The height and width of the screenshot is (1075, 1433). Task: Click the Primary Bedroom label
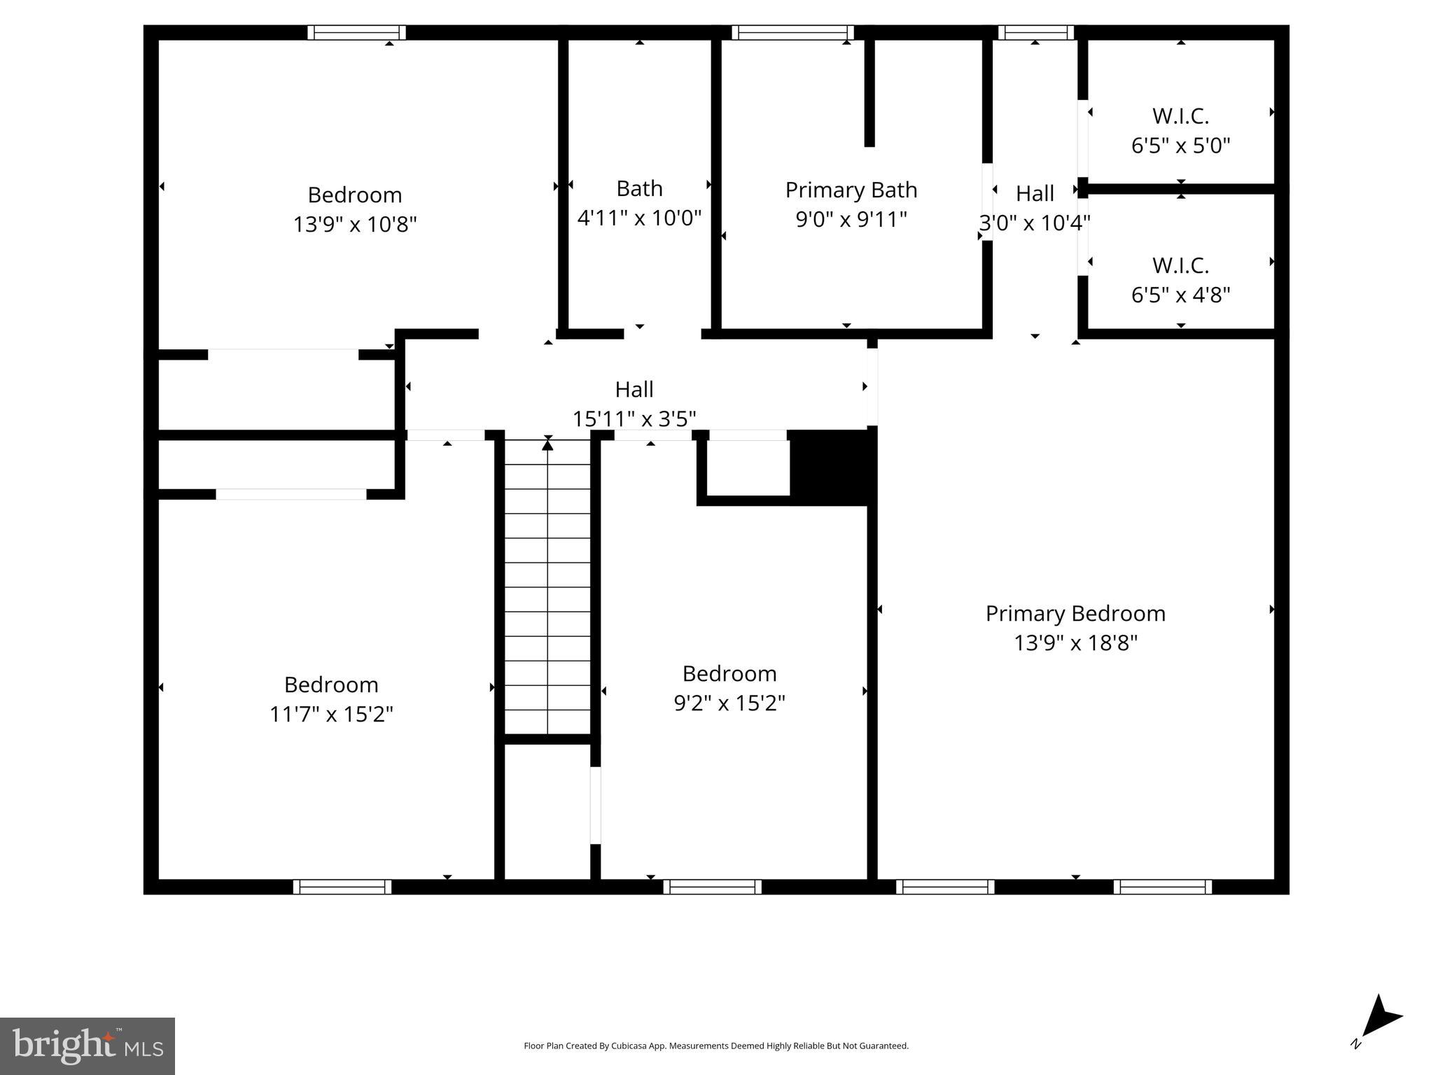point(1075,613)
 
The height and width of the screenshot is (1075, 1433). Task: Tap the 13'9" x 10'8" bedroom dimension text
point(355,225)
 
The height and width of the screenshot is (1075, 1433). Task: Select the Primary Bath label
point(851,190)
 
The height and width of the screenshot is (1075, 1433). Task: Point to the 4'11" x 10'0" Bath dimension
point(639,218)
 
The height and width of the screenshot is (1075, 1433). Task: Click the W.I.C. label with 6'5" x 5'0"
point(1180,115)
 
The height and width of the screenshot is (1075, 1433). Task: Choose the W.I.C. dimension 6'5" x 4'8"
point(1180,295)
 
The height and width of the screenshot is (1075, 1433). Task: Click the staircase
point(547,586)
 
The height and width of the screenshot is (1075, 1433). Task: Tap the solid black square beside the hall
point(831,466)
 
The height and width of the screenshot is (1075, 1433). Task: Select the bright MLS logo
point(88,1046)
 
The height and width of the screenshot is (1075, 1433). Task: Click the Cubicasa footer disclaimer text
point(715,1046)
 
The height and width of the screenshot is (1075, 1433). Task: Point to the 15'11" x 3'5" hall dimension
point(634,419)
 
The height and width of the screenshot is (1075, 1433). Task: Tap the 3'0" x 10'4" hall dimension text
point(1035,223)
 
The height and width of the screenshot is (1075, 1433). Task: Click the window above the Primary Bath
point(792,33)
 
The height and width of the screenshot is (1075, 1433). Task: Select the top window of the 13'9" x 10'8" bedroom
point(357,33)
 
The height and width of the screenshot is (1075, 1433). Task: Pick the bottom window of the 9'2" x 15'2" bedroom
point(713,887)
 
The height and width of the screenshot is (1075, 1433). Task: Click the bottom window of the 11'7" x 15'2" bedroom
point(342,887)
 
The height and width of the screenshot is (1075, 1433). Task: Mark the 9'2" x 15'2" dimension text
point(729,703)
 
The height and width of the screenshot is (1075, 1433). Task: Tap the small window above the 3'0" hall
point(1035,33)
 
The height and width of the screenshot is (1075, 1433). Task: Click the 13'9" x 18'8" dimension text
point(1075,642)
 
